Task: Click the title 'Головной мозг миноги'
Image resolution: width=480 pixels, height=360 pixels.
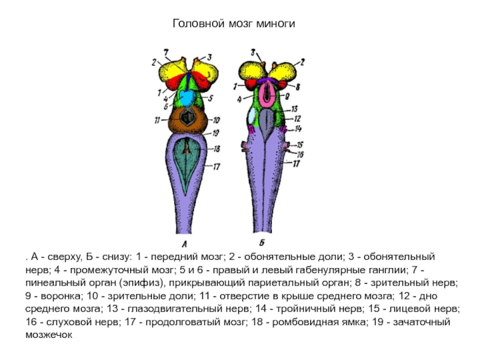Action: coord(235,24)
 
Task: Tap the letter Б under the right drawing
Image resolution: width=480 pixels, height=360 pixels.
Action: coord(262,242)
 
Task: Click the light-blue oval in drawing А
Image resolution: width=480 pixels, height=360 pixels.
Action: coord(187,97)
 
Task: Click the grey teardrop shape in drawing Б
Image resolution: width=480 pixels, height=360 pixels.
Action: coord(267,127)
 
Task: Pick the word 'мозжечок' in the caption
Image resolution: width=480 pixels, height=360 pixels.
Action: coord(48,336)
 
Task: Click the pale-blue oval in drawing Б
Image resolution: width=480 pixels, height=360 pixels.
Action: coord(251,116)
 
